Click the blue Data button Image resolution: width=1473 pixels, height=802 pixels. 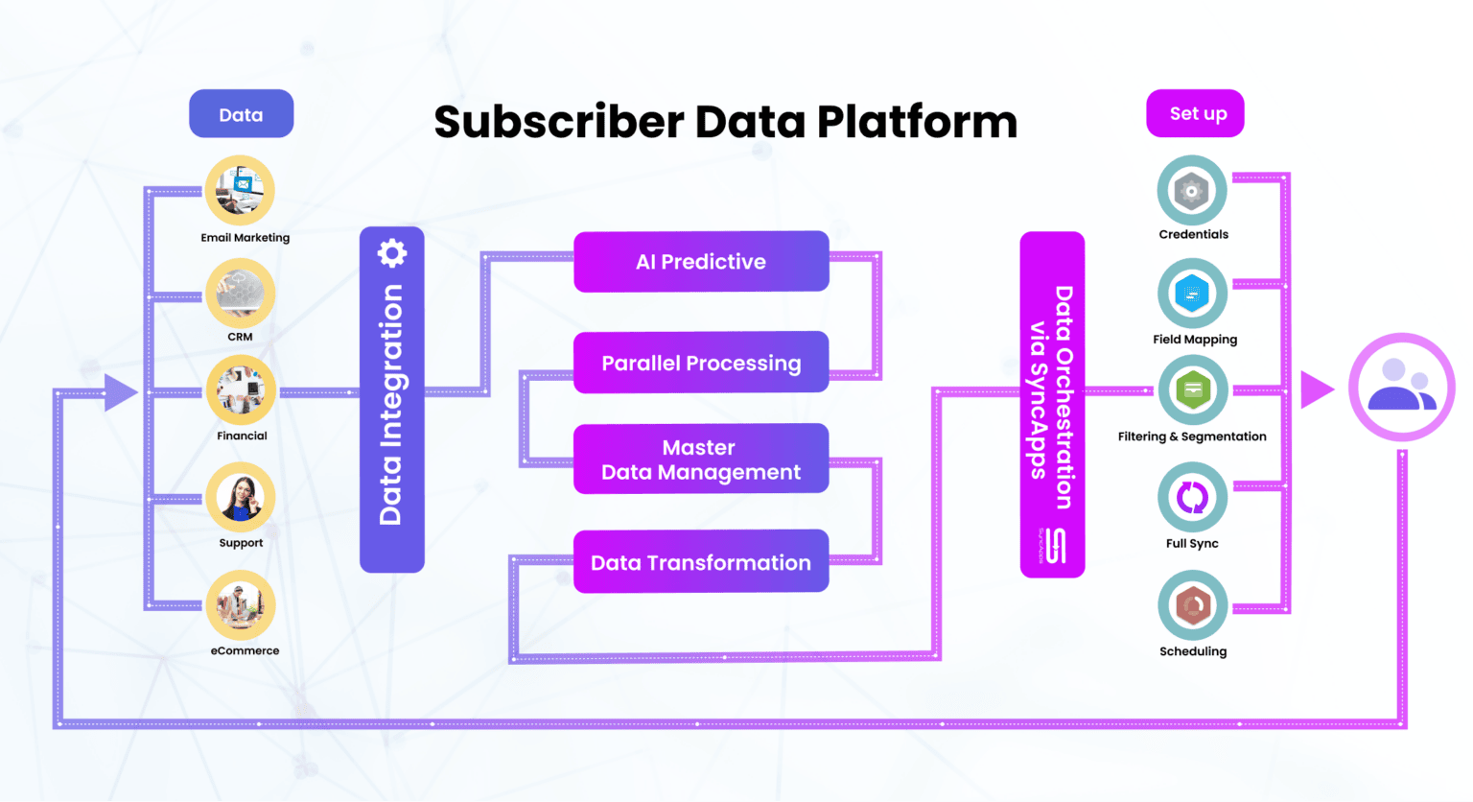tap(241, 114)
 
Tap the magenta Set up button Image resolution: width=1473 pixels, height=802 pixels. tap(1195, 113)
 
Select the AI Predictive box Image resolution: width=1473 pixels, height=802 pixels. tap(701, 261)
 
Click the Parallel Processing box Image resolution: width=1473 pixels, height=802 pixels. tap(701, 363)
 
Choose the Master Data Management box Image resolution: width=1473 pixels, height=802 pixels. tap(701, 460)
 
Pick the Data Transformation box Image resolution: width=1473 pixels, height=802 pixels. tap(701, 562)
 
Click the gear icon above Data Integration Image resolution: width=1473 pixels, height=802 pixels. tap(391, 253)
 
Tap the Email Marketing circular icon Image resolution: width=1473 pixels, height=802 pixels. tap(240, 190)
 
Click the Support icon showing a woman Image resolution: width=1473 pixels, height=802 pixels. tap(240, 498)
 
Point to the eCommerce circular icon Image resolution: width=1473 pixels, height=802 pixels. tap(240, 605)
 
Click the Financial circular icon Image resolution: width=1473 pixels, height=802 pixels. tap(241, 390)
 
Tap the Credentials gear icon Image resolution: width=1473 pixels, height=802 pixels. tap(1192, 191)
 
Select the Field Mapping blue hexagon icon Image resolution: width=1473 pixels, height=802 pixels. tap(1192, 294)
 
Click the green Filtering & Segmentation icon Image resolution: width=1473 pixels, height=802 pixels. tap(1193, 390)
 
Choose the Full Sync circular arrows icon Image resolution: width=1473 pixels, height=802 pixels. tap(1192, 498)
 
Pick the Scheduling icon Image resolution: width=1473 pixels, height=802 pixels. tap(1193, 605)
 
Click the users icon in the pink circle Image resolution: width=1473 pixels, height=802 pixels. tap(1401, 387)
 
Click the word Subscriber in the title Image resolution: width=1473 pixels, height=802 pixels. tap(558, 123)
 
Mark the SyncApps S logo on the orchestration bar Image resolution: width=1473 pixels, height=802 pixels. tap(1055, 546)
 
